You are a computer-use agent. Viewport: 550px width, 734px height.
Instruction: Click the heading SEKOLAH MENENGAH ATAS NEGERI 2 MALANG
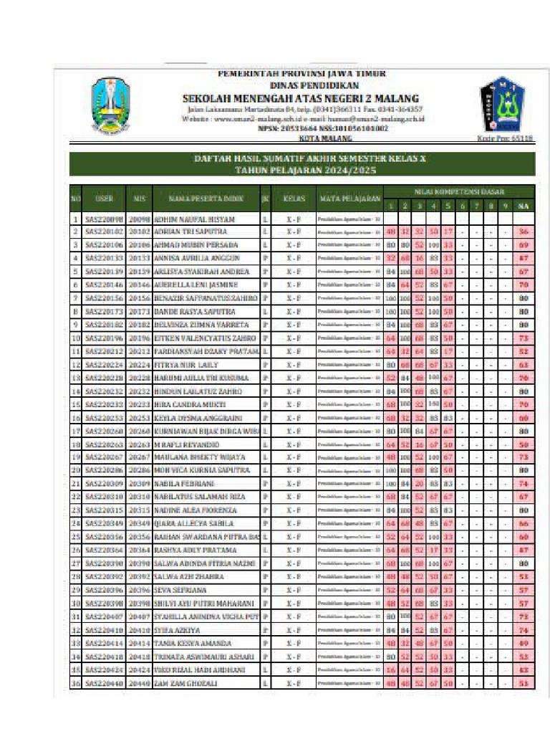click(301, 98)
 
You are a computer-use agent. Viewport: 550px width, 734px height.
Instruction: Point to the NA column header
click(524, 206)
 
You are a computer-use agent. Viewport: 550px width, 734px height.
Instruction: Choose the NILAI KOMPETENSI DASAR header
click(459, 191)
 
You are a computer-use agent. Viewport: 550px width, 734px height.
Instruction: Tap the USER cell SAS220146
click(105, 285)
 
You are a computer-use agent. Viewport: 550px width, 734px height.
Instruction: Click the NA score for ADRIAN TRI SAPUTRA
click(524, 232)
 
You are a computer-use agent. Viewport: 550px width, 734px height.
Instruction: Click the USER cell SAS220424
click(105, 670)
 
